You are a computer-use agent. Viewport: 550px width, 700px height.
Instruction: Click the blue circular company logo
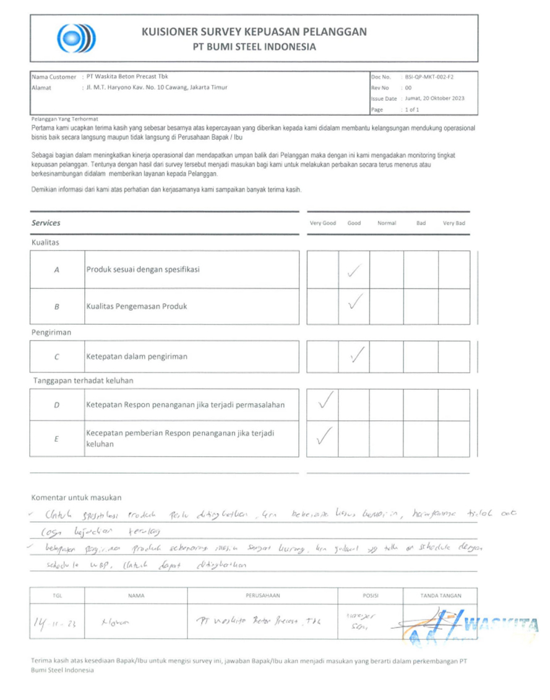click(77, 38)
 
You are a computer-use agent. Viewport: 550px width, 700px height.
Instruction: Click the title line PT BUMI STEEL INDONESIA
click(254, 47)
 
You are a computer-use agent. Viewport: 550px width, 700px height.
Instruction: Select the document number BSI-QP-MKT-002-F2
click(433, 77)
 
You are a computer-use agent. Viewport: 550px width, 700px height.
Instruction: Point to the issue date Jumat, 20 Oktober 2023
click(434, 98)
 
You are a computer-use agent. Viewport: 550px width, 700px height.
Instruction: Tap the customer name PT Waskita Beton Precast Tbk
click(131, 77)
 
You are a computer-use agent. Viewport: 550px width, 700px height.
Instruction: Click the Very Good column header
click(322, 223)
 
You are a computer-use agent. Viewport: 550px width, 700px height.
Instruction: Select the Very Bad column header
click(453, 223)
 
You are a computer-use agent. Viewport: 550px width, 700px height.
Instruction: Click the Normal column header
click(386, 223)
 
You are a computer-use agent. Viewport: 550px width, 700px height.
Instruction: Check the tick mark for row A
click(354, 269)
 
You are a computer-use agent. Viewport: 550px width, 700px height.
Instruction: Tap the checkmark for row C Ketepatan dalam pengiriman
click(356, 355)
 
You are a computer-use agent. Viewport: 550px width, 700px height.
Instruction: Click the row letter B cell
click(57, 306)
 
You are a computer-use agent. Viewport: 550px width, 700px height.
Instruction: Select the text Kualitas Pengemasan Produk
click(136, 306)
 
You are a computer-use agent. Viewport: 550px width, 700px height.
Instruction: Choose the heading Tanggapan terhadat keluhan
click(84, 381)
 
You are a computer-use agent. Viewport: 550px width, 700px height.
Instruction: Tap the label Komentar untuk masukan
click(76, 497)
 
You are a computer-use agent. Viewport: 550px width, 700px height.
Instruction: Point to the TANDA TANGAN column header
click(440, 595)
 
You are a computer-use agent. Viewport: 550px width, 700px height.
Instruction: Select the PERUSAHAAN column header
click(263, 595)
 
